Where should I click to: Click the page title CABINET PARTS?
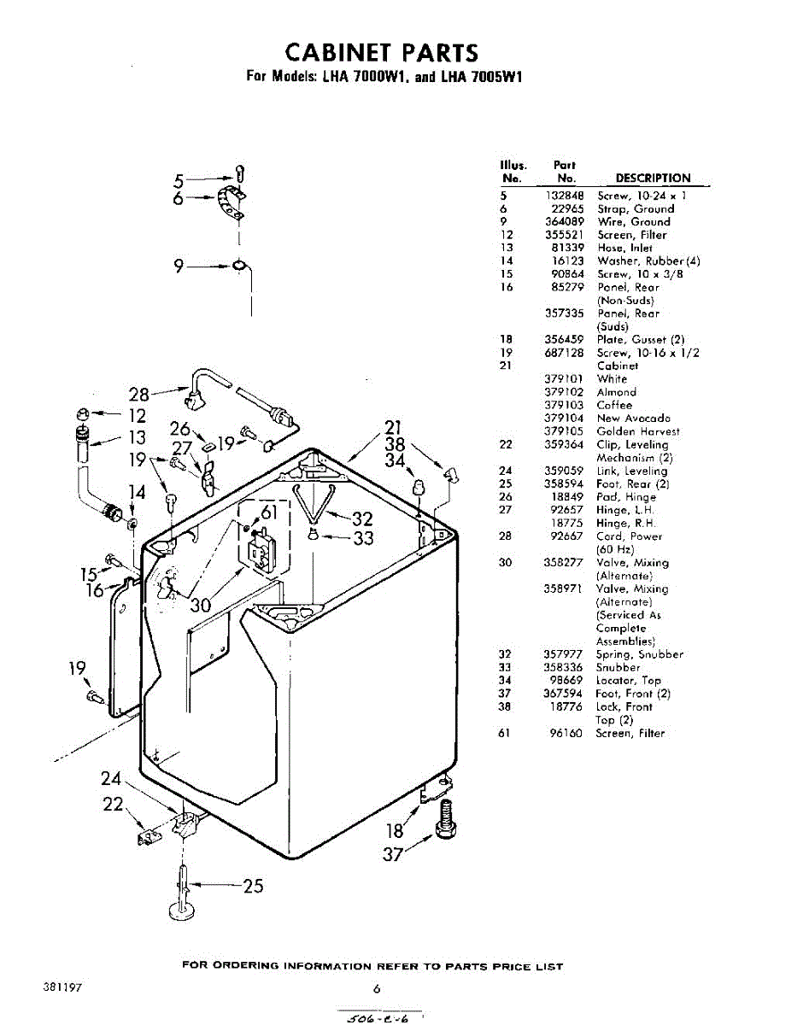[381, 53]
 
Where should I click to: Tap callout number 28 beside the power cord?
[138, 395]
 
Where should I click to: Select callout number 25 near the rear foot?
[253, 886]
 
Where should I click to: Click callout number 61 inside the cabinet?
[269, 512]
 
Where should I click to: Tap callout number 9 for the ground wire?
[179, 266]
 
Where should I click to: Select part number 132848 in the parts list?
[565, 196]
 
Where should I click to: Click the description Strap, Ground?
[636, 208]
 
